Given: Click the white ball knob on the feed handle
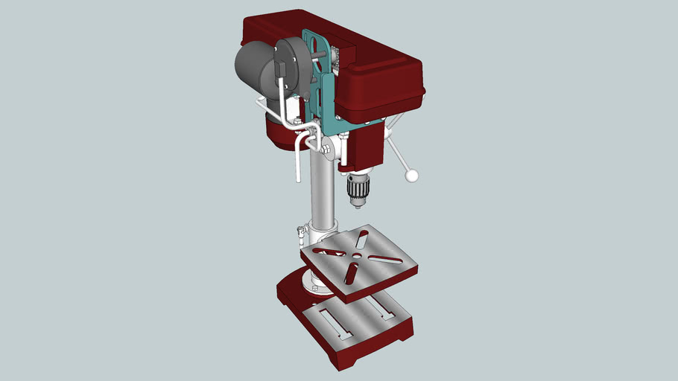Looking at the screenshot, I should click(x=411, y=176).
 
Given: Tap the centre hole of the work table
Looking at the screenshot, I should click(x=357, y=256).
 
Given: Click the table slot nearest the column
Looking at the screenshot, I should click(x=361, y=239).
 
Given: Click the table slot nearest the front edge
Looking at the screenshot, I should click(x=350, y=273).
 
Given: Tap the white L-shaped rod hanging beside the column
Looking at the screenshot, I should click(x=299, y=156).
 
